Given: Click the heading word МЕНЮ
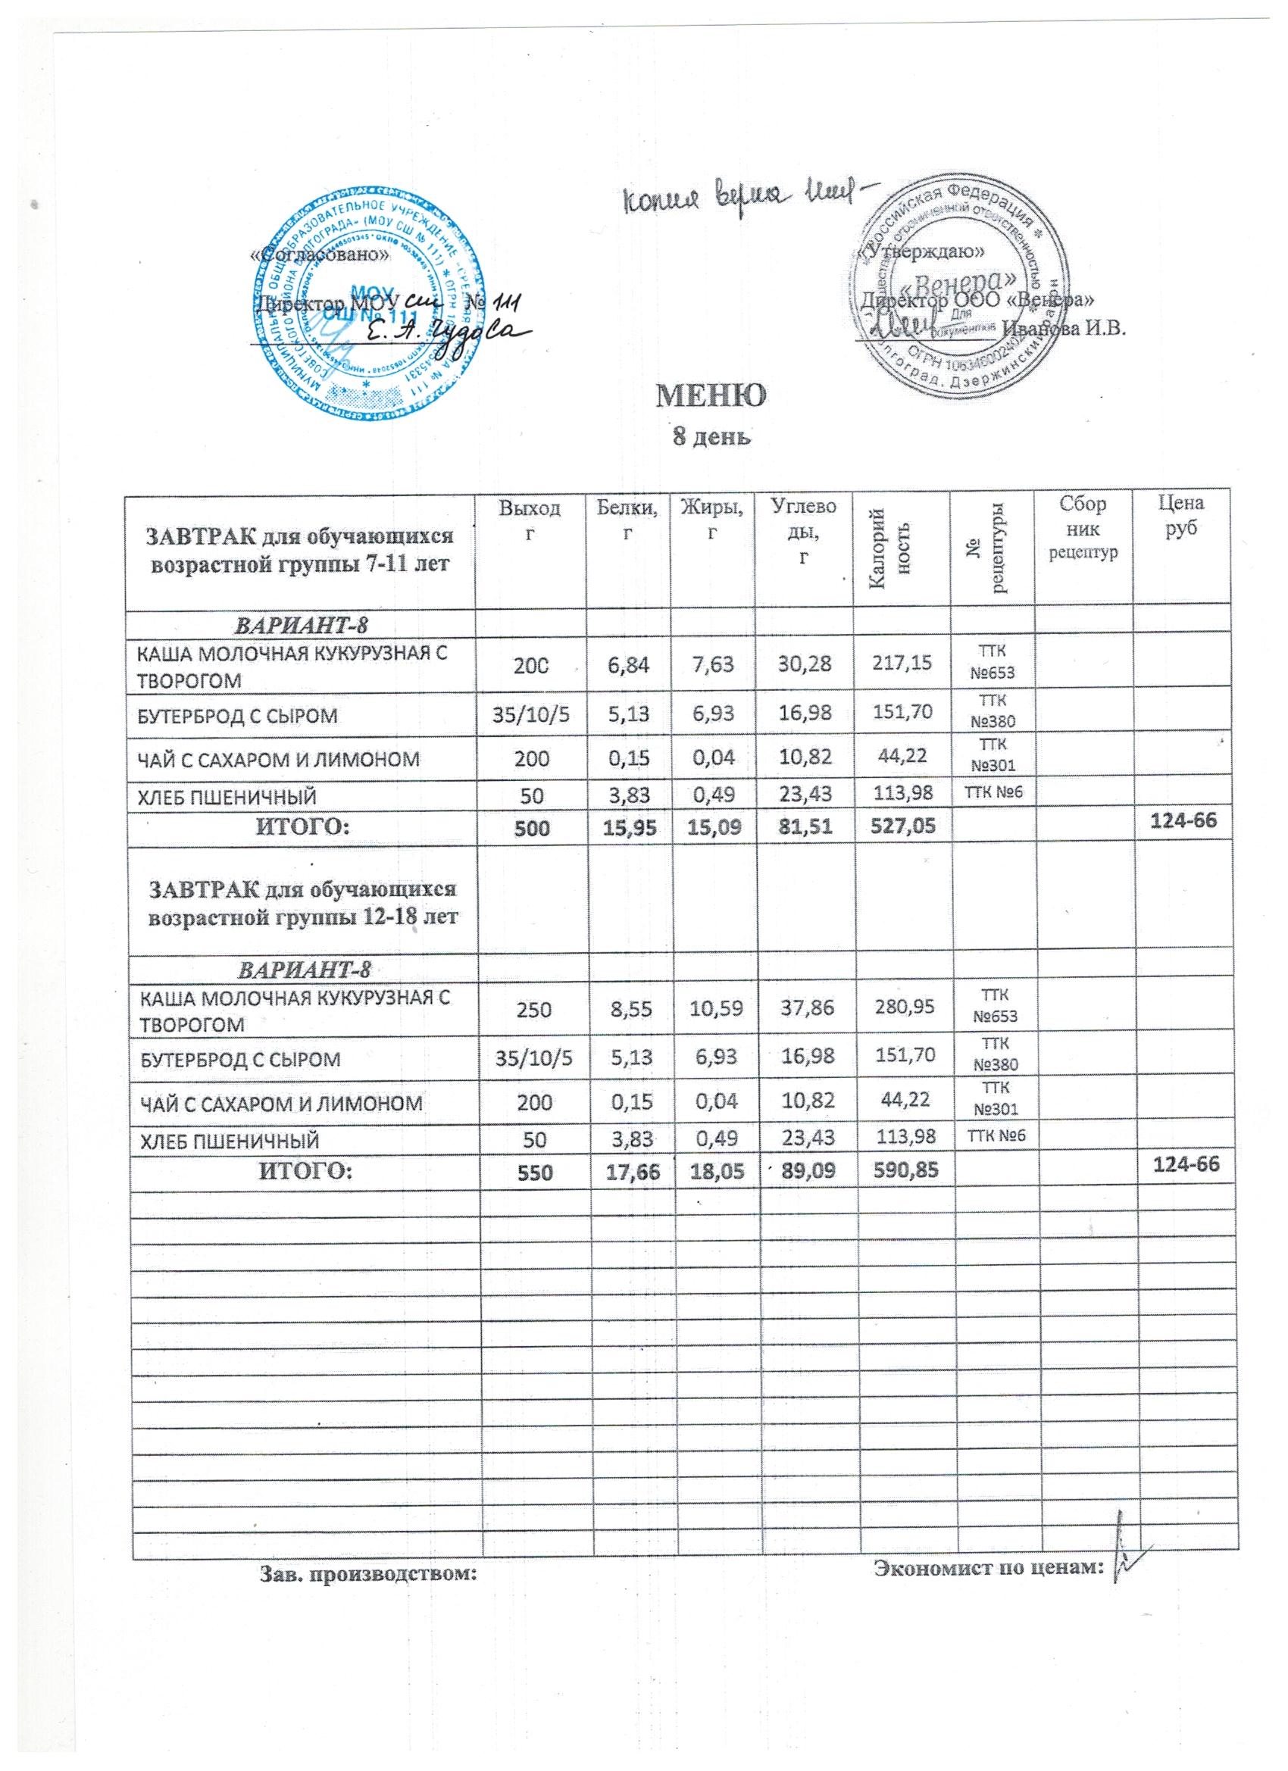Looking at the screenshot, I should tap(712, 398).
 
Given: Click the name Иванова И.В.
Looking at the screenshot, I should tap(1066, 329).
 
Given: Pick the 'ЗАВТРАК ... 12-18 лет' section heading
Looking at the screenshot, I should tap(302, 901).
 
